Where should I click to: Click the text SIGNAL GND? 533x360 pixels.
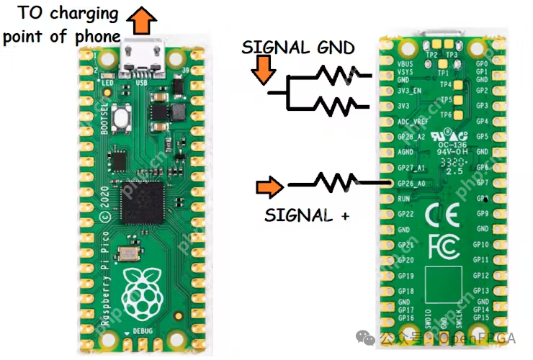point(298,48)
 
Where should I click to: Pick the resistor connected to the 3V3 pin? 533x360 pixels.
point(339,107)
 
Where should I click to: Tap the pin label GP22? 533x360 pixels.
point(406,213)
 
